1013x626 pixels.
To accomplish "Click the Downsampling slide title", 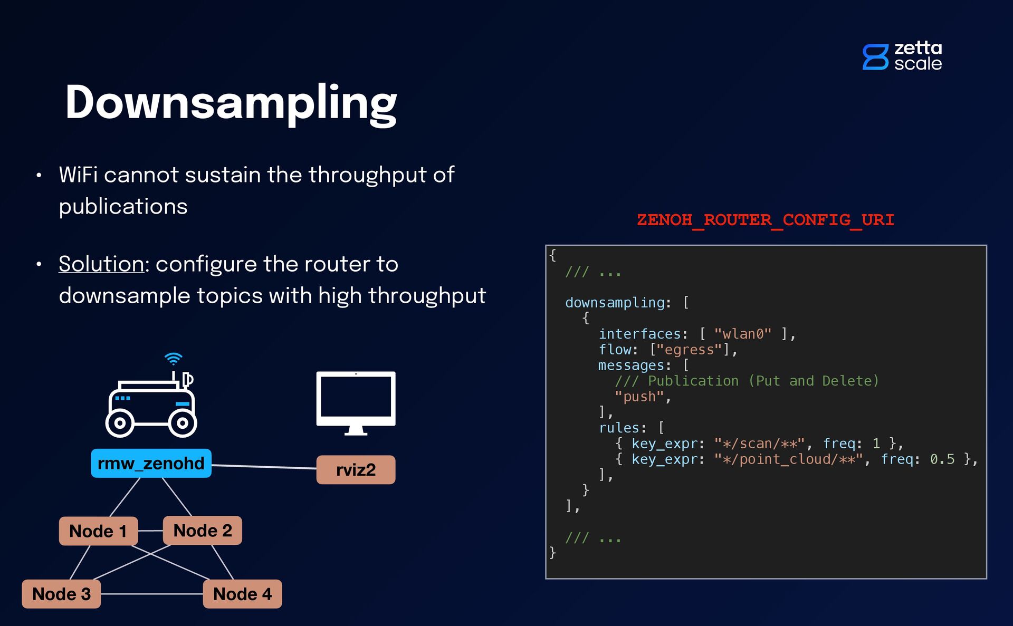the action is [x=231, y=103].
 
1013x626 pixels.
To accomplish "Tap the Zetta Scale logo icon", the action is [x=875, y=57].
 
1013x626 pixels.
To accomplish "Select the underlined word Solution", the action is [x=101, y=264].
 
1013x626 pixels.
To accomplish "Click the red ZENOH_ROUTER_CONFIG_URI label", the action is [x=765, y=220].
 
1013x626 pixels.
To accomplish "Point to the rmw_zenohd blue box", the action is [x=151, y=464].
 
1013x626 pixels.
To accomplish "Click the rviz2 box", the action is [x=356, y=470].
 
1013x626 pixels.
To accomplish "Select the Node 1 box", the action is [x=98, y=531].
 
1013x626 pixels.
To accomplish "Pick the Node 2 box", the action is [x=203, y=531].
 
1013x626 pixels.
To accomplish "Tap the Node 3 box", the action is [x=61, y=594].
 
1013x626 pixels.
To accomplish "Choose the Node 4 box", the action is [x=242, y=594].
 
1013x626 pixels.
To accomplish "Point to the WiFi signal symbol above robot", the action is [x=173, y=359].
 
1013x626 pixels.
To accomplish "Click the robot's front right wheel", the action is [x=183, y=423].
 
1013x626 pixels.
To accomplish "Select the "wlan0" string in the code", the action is [x=742, y=334].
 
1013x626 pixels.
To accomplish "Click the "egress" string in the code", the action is [x=689, y=350].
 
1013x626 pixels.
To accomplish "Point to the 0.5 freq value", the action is [x=942, y=459].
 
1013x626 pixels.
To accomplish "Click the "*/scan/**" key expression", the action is [x=759, y=444].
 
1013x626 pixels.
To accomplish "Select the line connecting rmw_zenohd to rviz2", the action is [x=264, y=467].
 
